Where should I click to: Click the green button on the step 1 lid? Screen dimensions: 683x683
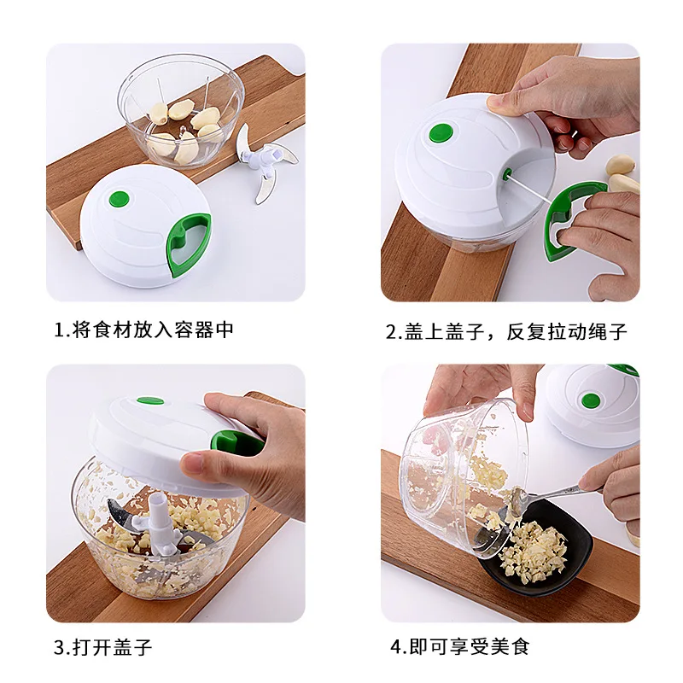coord(120,199)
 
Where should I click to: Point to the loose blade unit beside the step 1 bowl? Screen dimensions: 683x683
coord(266,164)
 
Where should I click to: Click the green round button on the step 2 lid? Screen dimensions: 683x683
coord(441,133)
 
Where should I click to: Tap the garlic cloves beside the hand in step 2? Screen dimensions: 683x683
coord(623,173)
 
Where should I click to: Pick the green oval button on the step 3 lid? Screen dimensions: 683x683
coord(150,400)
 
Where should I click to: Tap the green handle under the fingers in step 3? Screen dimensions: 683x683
coord(231,443)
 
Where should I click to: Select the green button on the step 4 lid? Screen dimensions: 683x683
coord(590,400)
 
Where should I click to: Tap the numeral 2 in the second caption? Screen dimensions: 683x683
coord(391,332)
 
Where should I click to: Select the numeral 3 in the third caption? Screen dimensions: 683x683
coord(59,648)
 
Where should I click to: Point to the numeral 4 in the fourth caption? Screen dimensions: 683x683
coord(396,647)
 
